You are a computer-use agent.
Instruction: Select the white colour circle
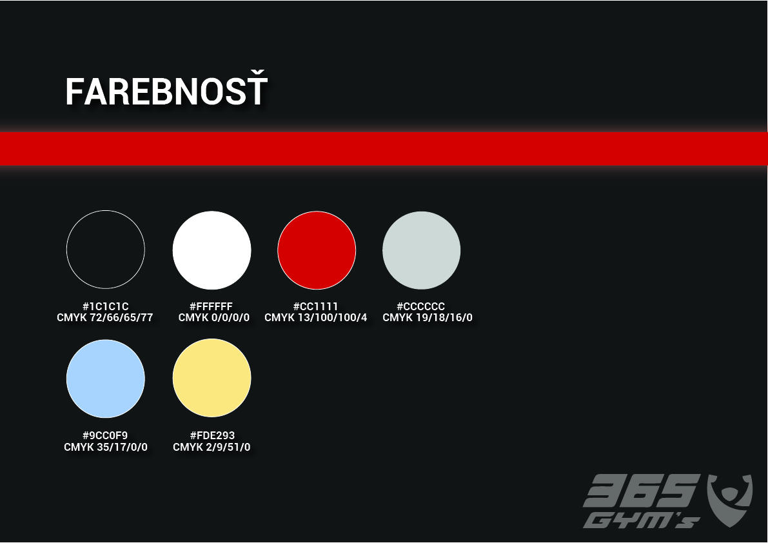pyautogui.click(x=212, y=250)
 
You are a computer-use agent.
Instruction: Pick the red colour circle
pyautogui.click(x=317, y=250)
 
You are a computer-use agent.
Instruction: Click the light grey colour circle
pyautogui.click(x=421, y=250)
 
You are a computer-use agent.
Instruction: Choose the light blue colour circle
pyautogui.click(x=105, y=379)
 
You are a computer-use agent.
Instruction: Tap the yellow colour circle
pyautogui.click(x=212, y=378)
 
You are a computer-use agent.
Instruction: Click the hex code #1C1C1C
pyautogui.click(x=105, y=306)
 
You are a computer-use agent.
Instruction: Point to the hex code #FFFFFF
pyautogui.click(x=211, y=306)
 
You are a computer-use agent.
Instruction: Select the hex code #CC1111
pyautogui.click(x=315, y=306)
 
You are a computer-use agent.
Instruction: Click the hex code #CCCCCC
pyautogui.click(x=420, y=306)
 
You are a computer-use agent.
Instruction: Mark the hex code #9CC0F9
pyautogui.click(x=105, y=435)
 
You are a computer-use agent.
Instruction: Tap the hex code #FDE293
pyautogui.click(x=212, y=435)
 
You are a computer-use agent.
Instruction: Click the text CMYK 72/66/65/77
pyautogui.click(x=105, y=318)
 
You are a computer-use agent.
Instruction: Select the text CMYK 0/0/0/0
pyautogui.click(x=214, y=318)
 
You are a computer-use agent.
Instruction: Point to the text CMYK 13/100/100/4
pyautogui.click(x=315, y=318)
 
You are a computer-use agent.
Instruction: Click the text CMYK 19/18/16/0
pyautogui.click(x=428, y=318)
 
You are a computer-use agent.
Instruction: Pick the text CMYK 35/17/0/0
pyautogui.click(x=106, y=447)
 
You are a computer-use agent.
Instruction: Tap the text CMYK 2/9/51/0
pyautogui.click(x=212, y=447)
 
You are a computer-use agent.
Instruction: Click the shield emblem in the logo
pyautogui.click(x=730, y=499)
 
